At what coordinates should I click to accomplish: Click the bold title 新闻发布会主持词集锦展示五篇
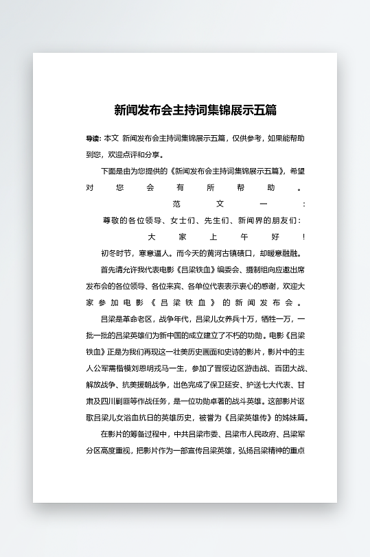tap(195, 110)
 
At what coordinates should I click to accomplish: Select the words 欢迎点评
tap(122, 154)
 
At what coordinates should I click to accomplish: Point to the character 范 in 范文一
tap(176, 204)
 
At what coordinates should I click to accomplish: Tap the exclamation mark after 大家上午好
tap(303, 237)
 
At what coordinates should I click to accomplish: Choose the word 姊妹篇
tap(292, 418)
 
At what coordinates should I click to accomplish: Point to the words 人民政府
tap(252, 434)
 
